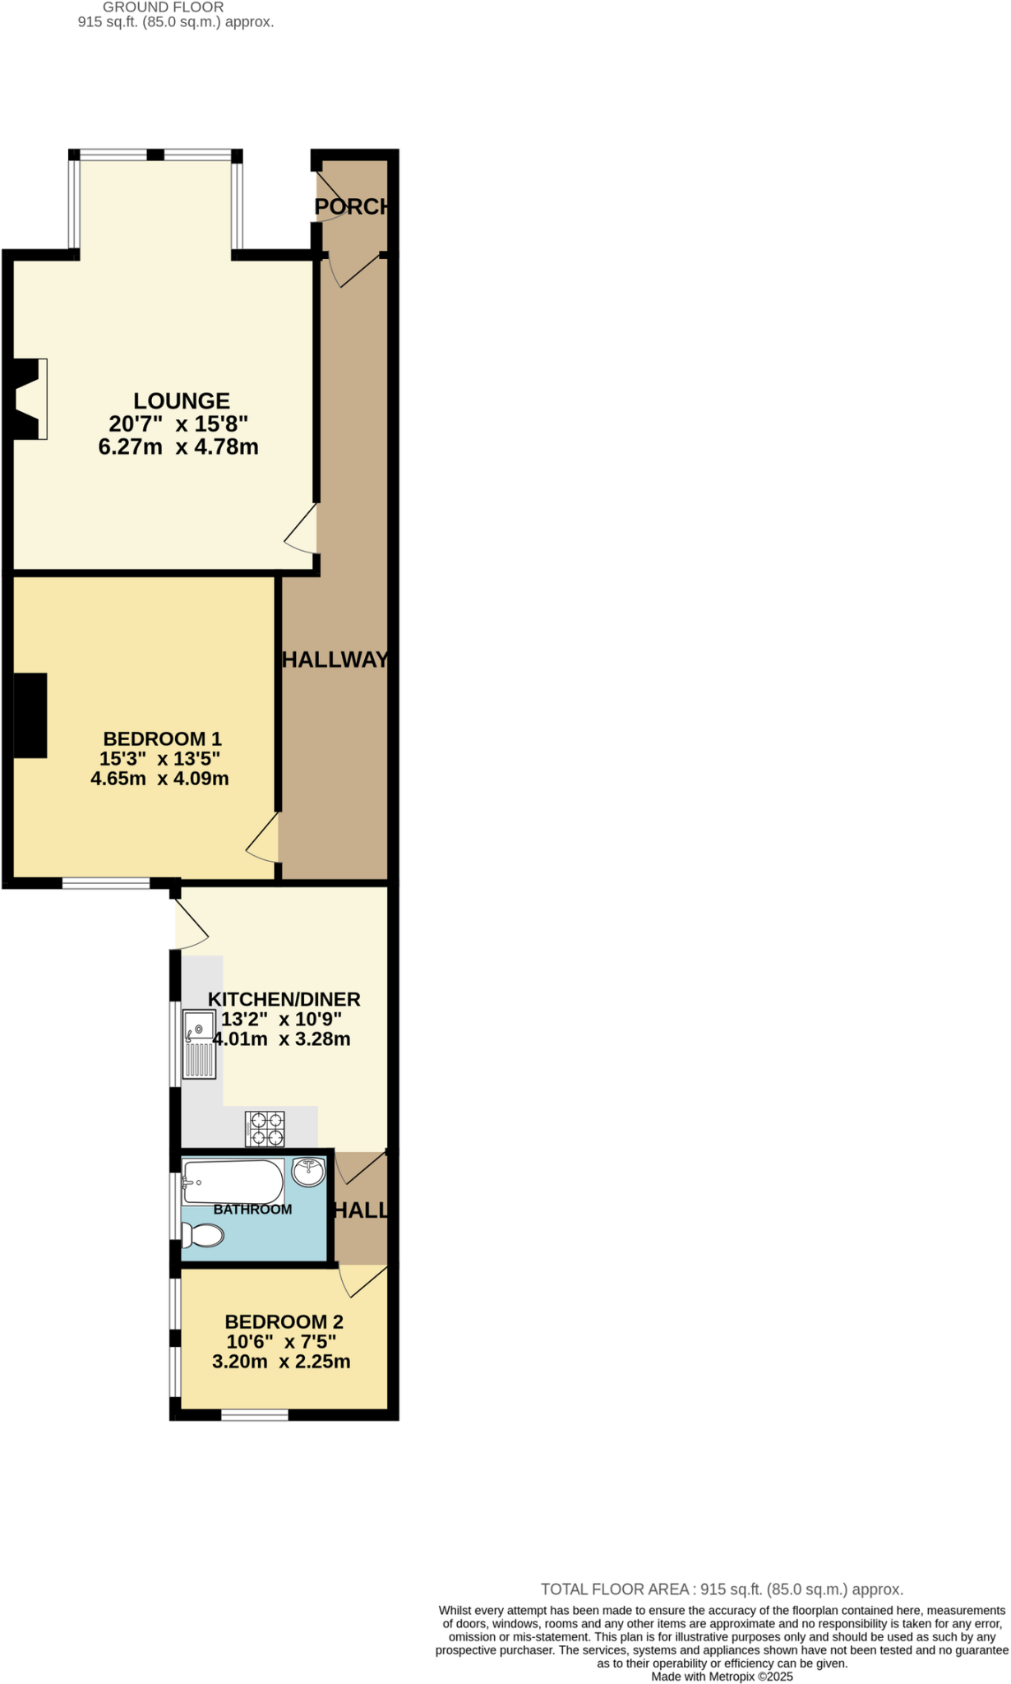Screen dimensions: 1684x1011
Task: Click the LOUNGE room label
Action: click(x=182, y=401)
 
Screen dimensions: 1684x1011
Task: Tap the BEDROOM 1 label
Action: click(x=162, y=738)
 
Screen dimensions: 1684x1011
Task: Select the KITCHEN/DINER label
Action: click(x=284, y=999)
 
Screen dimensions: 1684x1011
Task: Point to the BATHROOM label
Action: click(x=252, y=1210)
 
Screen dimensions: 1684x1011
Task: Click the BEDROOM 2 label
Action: click(x=284, y=1321)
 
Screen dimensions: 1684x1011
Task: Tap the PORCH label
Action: click(x=352, y=206)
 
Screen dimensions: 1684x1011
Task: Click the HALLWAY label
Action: click(x=335, y=659)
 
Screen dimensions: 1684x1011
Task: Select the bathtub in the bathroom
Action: click(x=233, y=1182)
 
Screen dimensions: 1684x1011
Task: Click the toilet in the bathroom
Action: click(x=203, y=1235)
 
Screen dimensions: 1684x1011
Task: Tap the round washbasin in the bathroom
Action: click(x=309, y=1172)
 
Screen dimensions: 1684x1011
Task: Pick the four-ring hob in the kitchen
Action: click(x=265, y=1128)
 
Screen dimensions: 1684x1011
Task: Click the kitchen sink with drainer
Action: click(x=200, y=1043)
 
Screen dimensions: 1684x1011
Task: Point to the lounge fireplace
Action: click(x=30, y=399)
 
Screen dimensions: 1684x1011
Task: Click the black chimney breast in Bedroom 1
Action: click(x=30, y=715)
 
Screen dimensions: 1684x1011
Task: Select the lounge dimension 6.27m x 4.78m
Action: click(x=178, y=447)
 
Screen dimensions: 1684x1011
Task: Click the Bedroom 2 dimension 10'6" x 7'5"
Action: click(x=282, y=1342)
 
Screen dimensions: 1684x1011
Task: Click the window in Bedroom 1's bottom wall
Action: click(x=106, y=884)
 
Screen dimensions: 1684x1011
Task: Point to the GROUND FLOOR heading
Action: click(x=163, y=7)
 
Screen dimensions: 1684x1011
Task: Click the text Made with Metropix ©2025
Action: click(x=722, y=1676)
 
